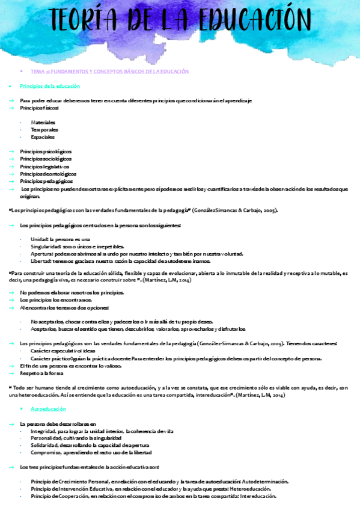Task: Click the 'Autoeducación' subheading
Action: point(50,408)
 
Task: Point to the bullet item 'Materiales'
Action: point(43,122)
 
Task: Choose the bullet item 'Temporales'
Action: point(44,129)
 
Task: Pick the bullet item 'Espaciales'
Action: point(43,137)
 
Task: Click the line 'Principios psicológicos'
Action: point(46,152)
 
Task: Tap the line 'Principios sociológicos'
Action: point(46,159)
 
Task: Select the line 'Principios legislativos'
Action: point(44,166)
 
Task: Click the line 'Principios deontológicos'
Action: point(47,173)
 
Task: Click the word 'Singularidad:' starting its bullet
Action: point(46,247)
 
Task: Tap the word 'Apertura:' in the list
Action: point(41,254)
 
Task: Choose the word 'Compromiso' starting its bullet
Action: point(46,453)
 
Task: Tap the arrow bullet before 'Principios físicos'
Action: point(11,108)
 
